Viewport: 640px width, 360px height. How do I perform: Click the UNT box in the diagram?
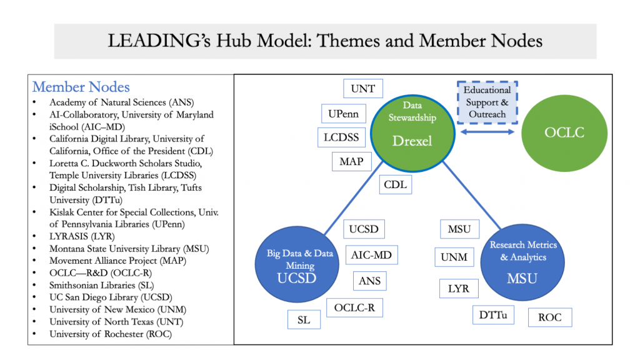point(363,89)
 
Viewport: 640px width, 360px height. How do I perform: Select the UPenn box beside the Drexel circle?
point(343,114)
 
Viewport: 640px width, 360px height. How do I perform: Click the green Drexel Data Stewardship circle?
point(412,131)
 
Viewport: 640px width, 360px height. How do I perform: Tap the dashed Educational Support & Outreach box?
point(487,102)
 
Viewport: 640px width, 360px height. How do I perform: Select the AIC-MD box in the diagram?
point(371,255)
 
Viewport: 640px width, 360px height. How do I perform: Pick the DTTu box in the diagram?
point(493,314)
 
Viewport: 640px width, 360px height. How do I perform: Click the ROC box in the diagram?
point(550,317)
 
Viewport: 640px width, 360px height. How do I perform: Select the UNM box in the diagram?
point(454,257)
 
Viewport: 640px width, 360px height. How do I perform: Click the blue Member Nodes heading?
point(81,87)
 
